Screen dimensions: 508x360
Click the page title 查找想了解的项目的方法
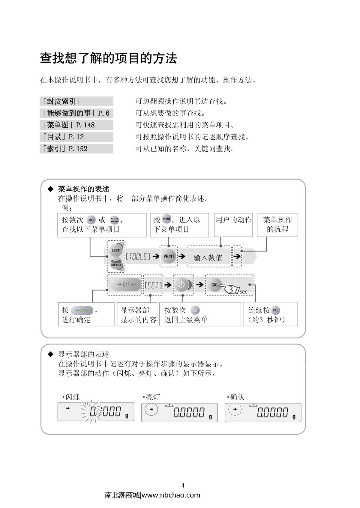tap(108, 58)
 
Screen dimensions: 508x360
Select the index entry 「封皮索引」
tap(61, 101)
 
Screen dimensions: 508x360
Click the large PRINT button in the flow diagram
tap(169, 256)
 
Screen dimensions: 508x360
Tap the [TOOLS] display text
tap(138, 257)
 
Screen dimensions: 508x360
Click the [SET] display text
tap(153, 285)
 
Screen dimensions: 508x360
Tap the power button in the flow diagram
tap(182, 284)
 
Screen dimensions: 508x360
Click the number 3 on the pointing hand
tap(231, 290)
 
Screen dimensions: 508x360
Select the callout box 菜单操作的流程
tap(277, 225)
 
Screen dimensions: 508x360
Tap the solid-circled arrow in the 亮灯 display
tap(151, 409)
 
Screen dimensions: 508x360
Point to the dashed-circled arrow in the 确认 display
tap(235, 409)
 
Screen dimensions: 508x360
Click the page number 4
tap(183, 486)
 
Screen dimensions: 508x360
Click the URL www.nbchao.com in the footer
tap(171, 495)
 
